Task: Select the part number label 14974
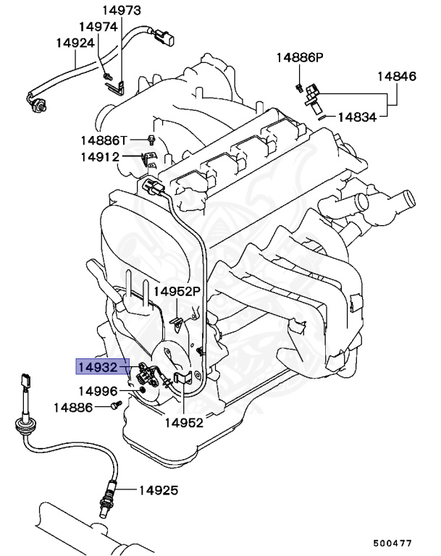(98, 26)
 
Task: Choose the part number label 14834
(358, 116)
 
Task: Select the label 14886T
(104, 140)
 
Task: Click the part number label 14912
(99, 156)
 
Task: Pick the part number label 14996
(98, 391)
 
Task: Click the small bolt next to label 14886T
(150, 138)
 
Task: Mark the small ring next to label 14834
(318, 116)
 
